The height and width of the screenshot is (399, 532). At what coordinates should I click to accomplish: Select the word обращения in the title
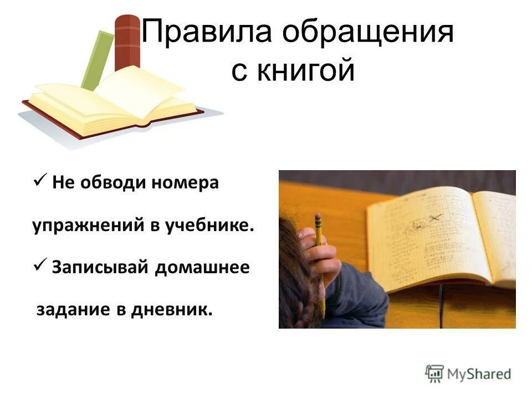(367, 33)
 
